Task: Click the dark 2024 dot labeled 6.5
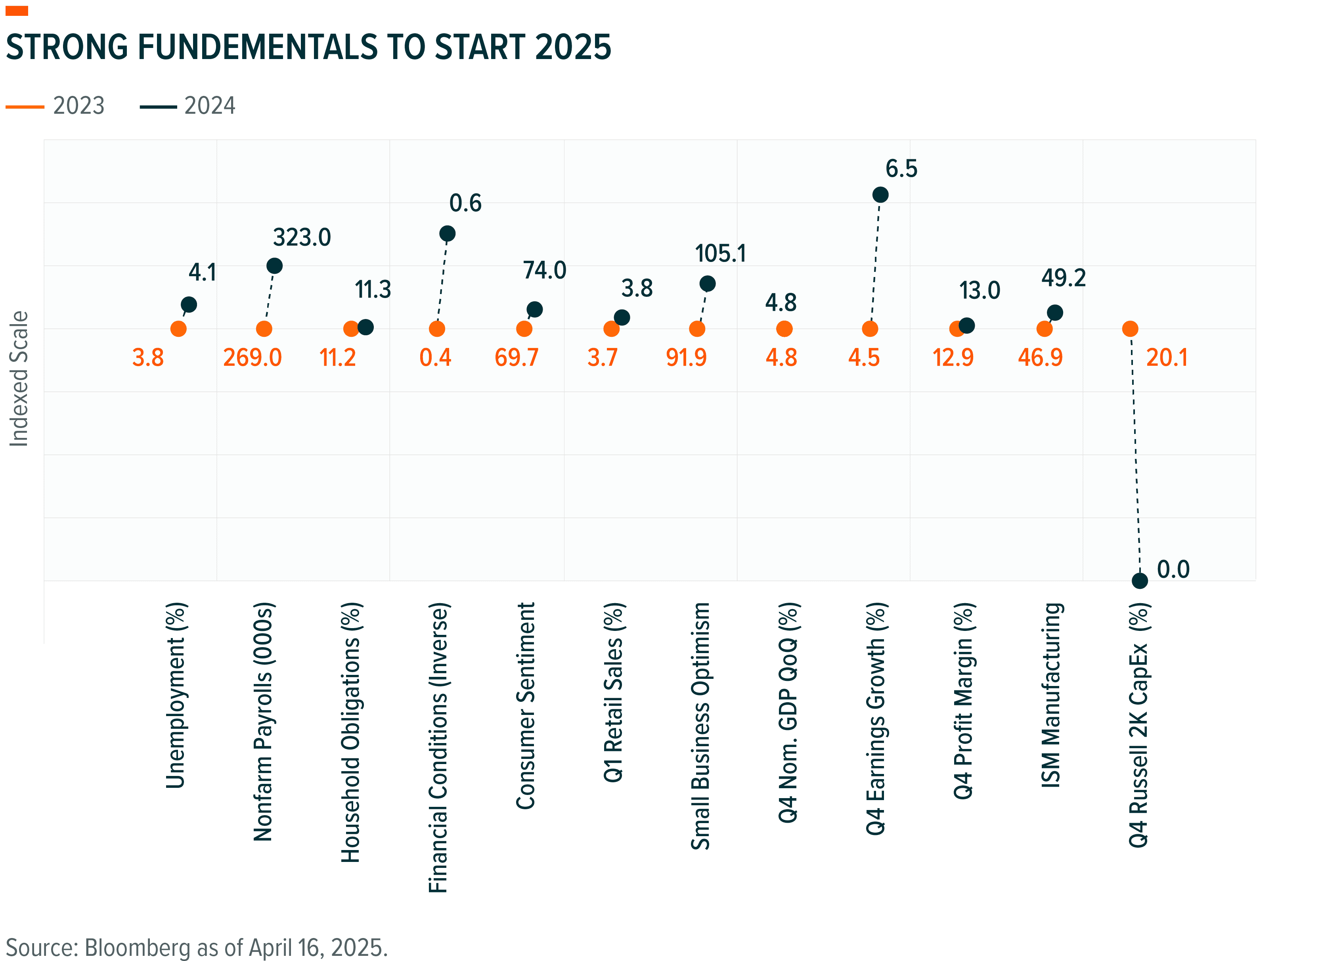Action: point(880,195)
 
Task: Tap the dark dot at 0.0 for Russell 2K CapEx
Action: point(1140,581)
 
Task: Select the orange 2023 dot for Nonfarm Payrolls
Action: point(264,329)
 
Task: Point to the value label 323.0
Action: point(302,238)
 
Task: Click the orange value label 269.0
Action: point(253,357)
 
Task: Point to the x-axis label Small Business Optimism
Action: point(700,726)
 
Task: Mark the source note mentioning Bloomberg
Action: point(197,947)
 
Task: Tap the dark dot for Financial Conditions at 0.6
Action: point(447,234)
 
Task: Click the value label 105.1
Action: point(720,254)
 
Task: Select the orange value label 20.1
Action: point(1167,357)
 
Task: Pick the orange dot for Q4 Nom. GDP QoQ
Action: point(784,329)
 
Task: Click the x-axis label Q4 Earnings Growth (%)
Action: point(876,718)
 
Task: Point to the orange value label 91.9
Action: point(686,357)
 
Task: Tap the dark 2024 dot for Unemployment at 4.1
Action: point(189,304)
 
